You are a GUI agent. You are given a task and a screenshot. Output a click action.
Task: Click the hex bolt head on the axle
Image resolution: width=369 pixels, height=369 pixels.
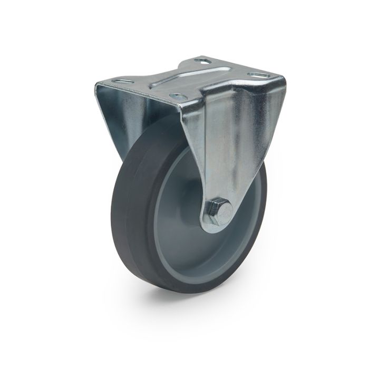(x=221, y=209)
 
